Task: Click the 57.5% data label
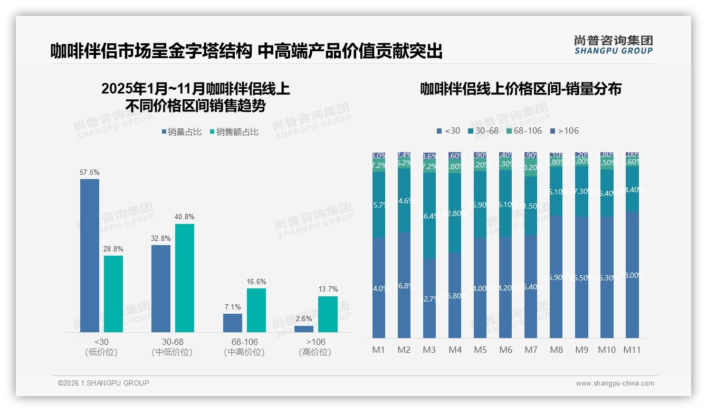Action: [90, 173]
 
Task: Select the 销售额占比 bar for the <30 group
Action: [113, 294]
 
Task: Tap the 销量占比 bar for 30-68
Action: [161, 288]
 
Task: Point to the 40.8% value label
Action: [184, 217]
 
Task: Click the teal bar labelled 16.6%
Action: [256, 310]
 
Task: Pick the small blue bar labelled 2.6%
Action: [304, 329]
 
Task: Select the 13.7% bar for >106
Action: [328, 314]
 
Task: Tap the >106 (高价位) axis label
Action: [315, 347]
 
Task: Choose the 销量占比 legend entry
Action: [181, 132]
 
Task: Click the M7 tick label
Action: [531, 350]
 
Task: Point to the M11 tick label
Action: [632, 350]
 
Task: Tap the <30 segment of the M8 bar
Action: [557, 276]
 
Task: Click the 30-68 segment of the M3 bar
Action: [429, 216]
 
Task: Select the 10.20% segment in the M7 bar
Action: [531, 168]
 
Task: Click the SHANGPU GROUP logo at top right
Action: [613, 45]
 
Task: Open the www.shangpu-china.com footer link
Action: [615, 383]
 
